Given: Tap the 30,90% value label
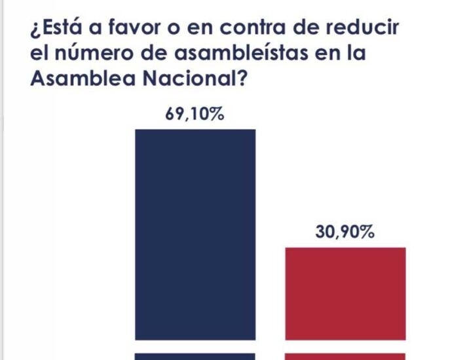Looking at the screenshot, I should pos(345,233).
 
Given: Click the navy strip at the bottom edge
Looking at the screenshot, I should pos(195,356).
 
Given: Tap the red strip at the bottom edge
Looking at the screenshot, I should pos(345,356).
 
